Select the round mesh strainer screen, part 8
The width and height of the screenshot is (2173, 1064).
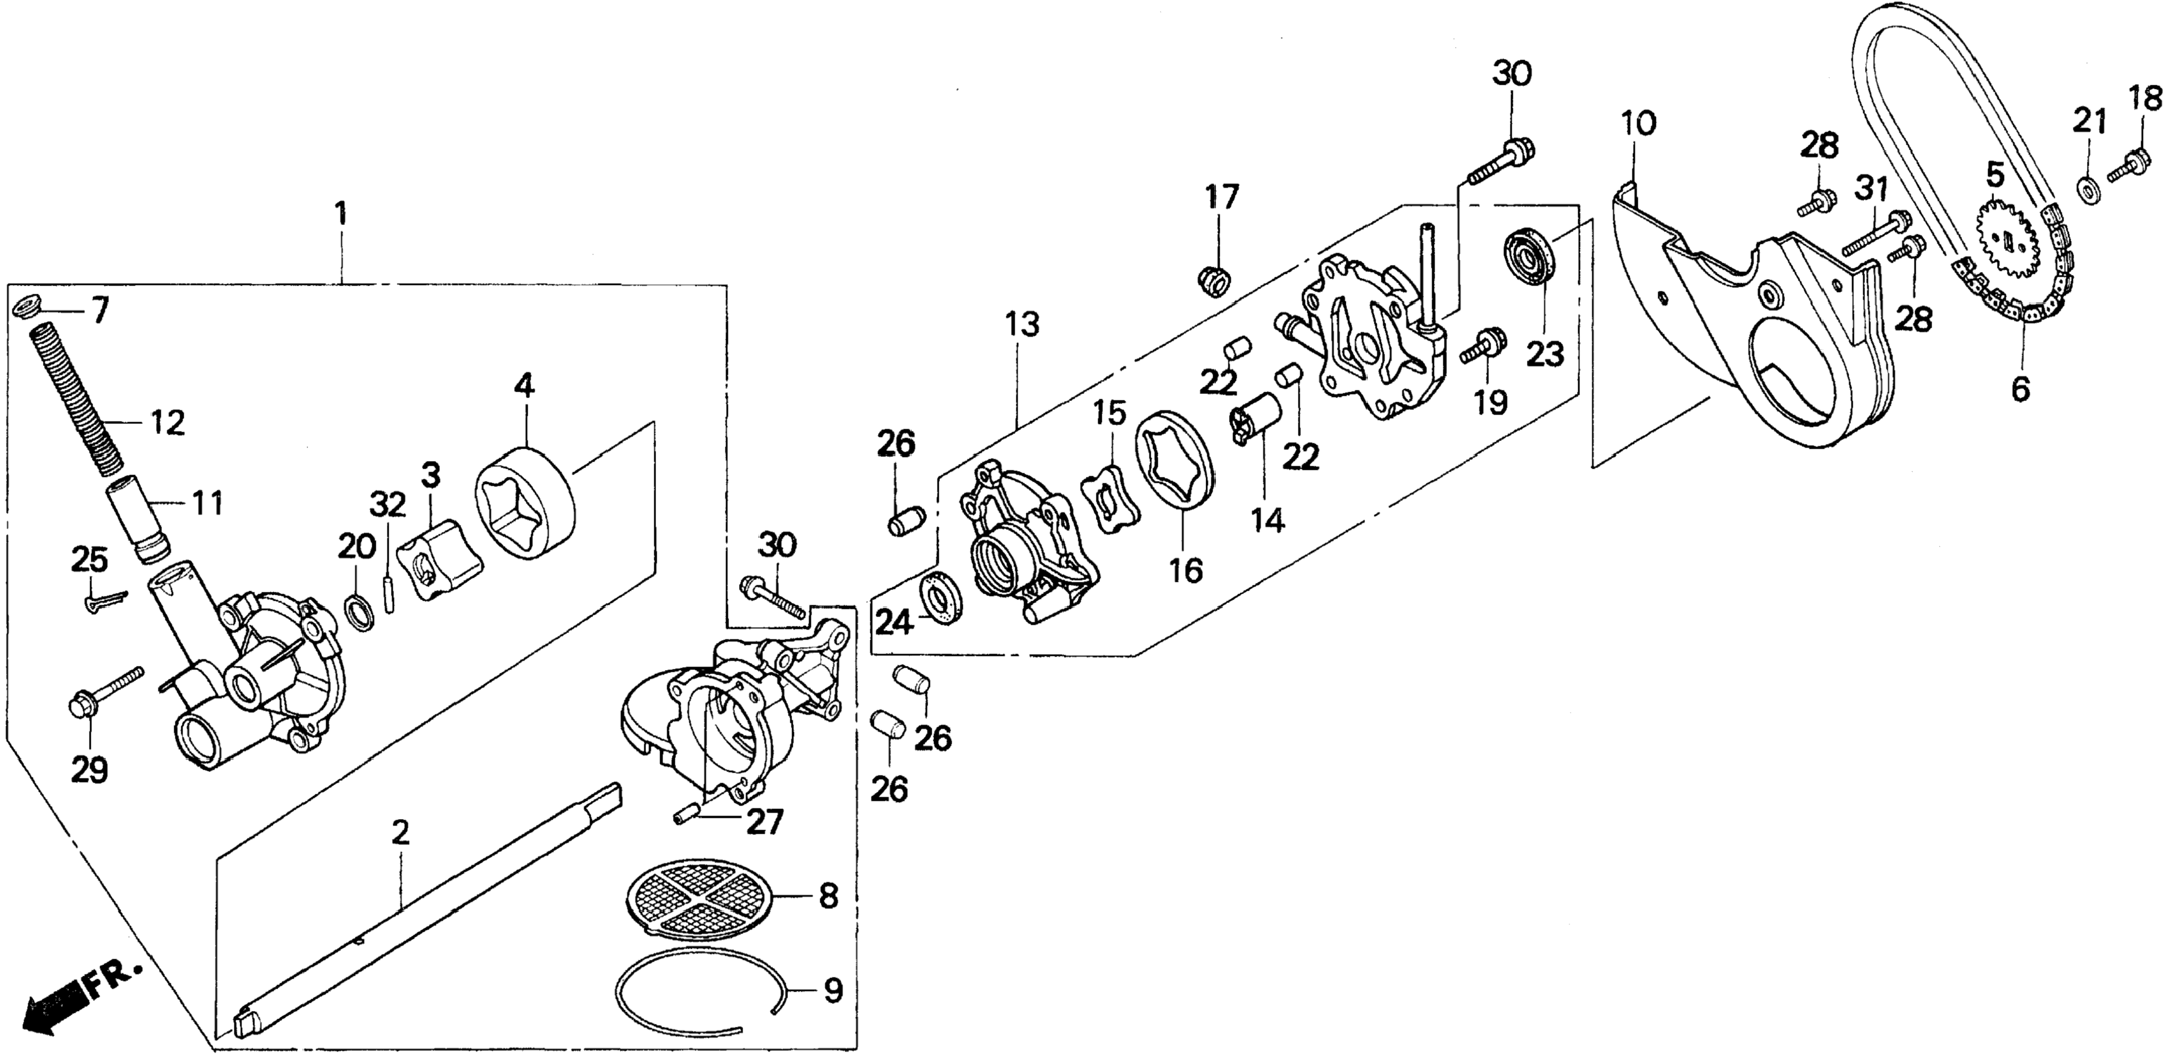coord(704,897)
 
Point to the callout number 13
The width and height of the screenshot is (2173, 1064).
coord(1022,325)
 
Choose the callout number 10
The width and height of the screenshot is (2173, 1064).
coord(1637,123)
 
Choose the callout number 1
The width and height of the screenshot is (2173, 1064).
coord(341,214)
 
